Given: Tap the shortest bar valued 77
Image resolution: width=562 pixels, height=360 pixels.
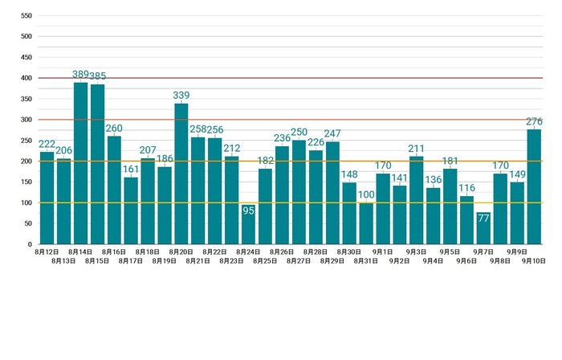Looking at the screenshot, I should click(x=483, y=228).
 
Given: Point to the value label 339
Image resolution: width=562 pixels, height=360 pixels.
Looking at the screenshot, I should click(x=181, y=96).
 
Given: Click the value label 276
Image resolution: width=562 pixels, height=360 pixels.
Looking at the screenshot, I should click(x=534, y=122).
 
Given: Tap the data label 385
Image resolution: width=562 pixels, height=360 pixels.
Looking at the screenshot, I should click(x=97, y=76).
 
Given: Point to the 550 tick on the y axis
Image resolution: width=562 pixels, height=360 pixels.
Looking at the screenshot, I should click(x=26, y=16).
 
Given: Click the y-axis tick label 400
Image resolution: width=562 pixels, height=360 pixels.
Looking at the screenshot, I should click(x=26, y=78).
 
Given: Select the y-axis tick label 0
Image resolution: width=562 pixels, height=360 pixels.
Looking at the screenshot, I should click(x=30, y=244).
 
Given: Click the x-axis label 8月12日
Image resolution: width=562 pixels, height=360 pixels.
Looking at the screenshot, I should click(x=47, y=252).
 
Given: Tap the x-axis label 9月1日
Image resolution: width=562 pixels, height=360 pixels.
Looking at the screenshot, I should click(x=383, y=252).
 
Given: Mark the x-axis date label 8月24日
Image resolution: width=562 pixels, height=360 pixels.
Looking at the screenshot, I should click(x=248, y=252).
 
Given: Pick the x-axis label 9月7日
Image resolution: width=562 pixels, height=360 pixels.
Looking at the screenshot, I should click(x=483, y=252).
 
